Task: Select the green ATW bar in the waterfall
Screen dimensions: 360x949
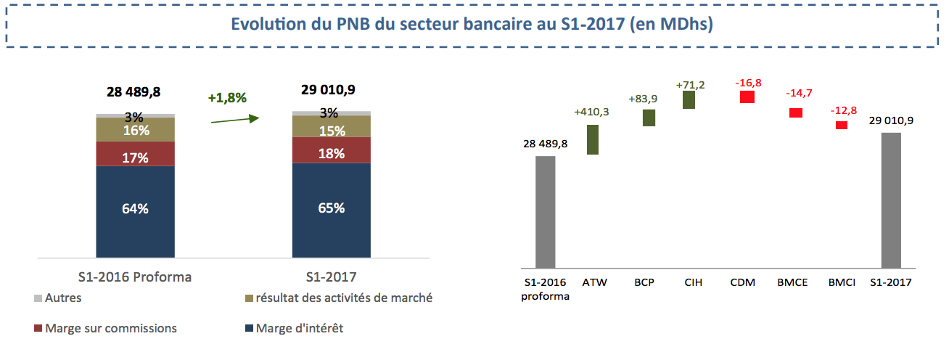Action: pos(592,139)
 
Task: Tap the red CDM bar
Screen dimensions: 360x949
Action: pos(747,97)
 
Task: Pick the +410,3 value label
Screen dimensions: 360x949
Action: pos(592,112)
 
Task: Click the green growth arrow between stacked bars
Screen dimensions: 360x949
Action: pos(234,119)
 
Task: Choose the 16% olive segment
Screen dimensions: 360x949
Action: pos(136,130)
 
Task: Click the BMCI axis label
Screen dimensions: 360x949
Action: pos(843,282)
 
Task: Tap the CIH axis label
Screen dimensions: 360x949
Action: pos(694,282)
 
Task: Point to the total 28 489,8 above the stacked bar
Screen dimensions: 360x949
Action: pos(133,92)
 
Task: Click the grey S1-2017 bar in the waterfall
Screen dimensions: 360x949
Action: pos(891,200)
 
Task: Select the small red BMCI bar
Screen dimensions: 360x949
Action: pos(842,125)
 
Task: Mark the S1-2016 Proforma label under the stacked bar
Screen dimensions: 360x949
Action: pos(135,277)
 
